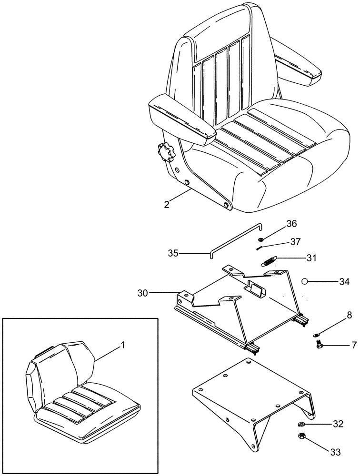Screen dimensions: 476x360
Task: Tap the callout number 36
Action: [x=291, y=223]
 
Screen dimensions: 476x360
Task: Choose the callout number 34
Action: [x=344, y=282]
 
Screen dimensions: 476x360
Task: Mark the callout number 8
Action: [x=336, y=315]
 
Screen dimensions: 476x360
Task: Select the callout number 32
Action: [x=338, y=424]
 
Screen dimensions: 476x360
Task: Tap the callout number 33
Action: [x=336, y=453]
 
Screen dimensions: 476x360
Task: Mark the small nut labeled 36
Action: [x=261, y=239]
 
